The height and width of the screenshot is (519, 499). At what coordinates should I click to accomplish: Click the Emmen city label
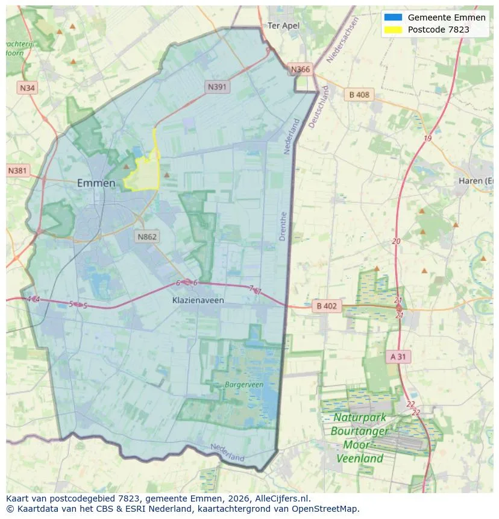point(96,183)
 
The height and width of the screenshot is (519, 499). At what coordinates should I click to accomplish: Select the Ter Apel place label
point(283,26)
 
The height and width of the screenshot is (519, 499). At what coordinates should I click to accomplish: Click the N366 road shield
point(300,69)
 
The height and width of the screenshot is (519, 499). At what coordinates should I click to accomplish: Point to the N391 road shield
point(217,87)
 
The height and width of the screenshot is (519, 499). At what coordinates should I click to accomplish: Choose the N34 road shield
point(27,88)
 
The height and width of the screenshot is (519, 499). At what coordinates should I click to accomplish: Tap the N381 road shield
point(17,171)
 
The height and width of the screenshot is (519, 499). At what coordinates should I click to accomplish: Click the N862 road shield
point(146,236)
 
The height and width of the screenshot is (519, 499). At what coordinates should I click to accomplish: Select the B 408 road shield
point(359,95)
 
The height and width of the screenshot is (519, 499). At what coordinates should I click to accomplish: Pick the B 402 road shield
point(326,306)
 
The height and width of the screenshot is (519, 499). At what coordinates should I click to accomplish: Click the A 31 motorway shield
point(398,357)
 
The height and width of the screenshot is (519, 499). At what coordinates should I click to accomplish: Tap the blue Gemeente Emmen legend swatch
point(392,17)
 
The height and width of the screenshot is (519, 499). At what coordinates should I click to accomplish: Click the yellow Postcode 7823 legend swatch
point(392,30)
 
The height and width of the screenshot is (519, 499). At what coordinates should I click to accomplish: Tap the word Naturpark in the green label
point(360,418)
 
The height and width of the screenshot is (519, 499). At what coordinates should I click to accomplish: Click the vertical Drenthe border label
point(283,226)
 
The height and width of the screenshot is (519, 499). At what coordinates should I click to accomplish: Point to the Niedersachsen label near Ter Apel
point(342,40)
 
